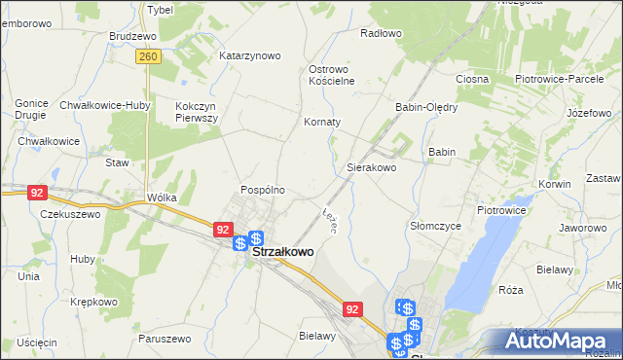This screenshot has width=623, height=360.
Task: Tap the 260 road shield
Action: coord(147,57)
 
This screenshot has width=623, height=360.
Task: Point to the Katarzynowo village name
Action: coord(250,55)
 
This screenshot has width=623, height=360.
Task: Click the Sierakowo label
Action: coord(372,167)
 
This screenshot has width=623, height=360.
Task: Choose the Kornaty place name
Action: coord(322,123)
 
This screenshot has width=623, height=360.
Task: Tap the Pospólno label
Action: coord(263,190)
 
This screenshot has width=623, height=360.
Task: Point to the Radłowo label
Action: coord(381,33)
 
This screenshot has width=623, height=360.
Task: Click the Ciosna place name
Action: coord(471,78)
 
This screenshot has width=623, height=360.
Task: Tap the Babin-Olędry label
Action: coord(425,107)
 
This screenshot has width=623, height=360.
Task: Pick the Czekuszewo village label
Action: coord(69,214)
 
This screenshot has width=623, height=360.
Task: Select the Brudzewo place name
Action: coord(133,36)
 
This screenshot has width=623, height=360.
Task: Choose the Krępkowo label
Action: coord(93,302)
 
